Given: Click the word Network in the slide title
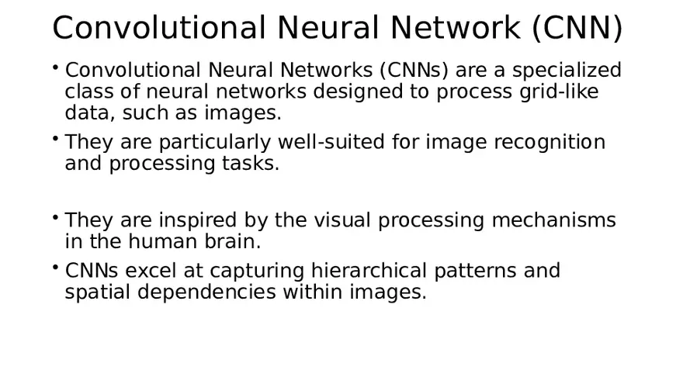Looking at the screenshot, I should point(456,28).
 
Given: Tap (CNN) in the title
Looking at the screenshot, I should point(577,28).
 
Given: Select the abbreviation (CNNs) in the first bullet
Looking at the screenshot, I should point(414,71).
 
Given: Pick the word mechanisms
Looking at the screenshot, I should point(553,220).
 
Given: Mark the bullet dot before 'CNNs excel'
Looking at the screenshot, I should point(56,267).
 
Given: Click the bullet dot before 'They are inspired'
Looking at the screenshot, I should point(56,216).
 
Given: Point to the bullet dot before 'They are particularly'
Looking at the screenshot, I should point(56,138).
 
